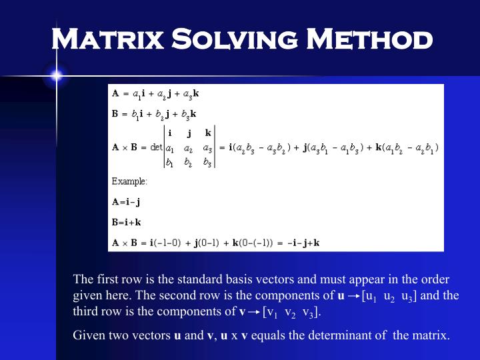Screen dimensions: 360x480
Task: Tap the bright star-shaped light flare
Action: coord(55,75)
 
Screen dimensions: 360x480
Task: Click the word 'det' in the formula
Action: coord(156,147)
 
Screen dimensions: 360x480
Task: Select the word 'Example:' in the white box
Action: coord(129,181)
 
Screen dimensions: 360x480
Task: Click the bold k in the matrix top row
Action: coord(208,133)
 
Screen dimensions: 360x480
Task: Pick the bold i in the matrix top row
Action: coord(170,133)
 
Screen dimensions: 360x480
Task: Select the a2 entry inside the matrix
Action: coord(189,147)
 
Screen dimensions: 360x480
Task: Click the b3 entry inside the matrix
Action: coord(208,163)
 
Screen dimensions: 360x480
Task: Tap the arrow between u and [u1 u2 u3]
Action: coord(353,295)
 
